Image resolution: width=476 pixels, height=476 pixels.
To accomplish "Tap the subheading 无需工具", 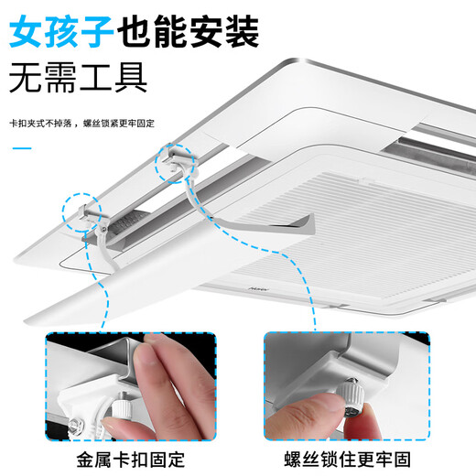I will [78, 78].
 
